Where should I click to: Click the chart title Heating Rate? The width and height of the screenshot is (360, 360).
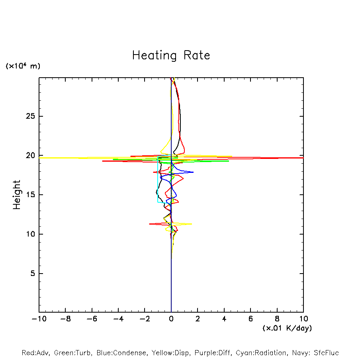171,55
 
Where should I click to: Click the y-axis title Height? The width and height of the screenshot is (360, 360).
17,195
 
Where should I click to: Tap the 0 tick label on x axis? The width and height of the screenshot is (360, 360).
171,319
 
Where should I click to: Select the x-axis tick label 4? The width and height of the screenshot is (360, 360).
224,319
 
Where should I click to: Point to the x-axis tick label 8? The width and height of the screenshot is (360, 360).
277,319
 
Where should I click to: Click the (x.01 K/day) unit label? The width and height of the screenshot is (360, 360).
287,328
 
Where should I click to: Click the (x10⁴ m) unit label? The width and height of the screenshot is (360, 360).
23,66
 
